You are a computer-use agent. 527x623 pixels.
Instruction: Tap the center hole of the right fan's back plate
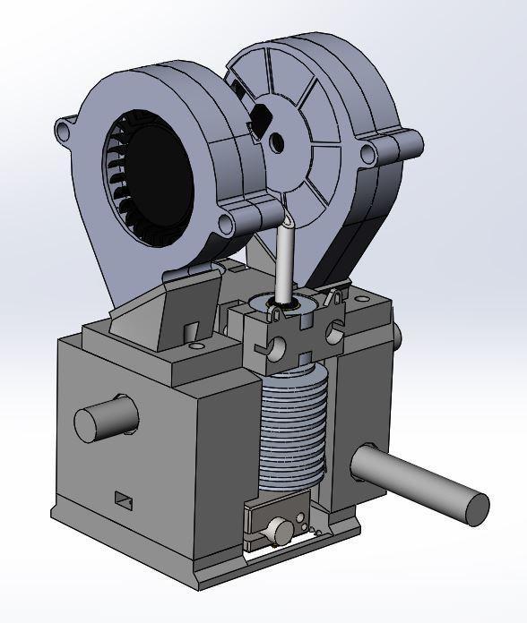277,141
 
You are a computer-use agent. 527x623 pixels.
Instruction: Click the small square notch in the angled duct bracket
191,332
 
